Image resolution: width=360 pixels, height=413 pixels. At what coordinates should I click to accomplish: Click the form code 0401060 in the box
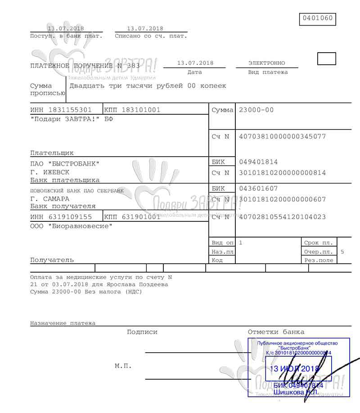(x=317, y=18)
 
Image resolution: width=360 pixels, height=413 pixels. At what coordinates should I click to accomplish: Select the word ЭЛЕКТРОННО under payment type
(x=266, y=63)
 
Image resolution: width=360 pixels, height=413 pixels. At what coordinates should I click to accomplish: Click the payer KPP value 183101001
(x=142, y=110)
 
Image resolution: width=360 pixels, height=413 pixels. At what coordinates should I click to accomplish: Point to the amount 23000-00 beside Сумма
(x=256, y=110)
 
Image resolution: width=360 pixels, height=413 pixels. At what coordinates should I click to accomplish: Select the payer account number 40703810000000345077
(x=282, y=136)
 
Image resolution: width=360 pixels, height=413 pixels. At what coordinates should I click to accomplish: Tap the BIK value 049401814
(x=259, y=162)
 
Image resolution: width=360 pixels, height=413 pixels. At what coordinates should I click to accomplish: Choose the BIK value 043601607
(x=259, y=189)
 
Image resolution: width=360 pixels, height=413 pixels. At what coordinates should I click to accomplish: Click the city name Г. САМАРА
(x=50, y=198)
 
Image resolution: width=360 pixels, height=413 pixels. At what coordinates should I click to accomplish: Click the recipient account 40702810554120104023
(x=282, y=217)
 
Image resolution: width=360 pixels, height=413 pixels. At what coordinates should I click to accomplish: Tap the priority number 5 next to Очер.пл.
(x=342, y=252)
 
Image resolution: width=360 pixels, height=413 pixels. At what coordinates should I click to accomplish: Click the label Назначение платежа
(x=63, y=323)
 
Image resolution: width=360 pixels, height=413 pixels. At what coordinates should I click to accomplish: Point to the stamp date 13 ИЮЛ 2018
(x=294, y=369)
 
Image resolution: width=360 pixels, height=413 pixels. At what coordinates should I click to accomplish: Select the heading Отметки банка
(x=276, y=332)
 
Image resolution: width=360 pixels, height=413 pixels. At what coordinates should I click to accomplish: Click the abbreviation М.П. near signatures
(x=123, y=366)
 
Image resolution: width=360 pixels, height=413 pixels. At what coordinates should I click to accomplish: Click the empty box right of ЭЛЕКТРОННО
(x=327, y=59)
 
